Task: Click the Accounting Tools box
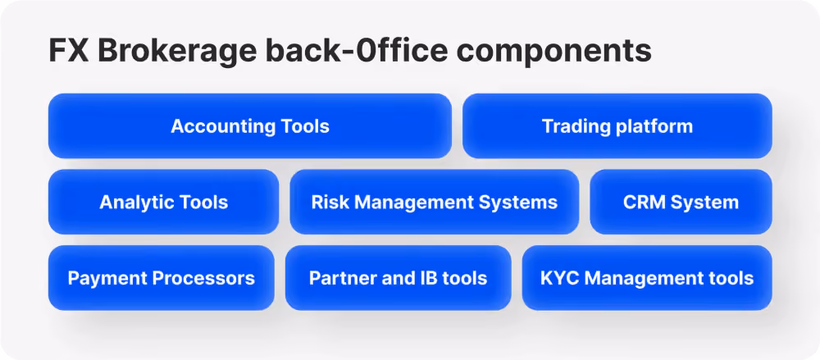tap(250, 125)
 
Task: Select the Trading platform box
tap(617, 125)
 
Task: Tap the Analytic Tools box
tap(163, 202)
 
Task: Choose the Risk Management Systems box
tap(434, 202)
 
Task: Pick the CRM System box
tap(681, 202)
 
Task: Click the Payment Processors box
tap(161, 278)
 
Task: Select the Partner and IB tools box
tap(398, 278)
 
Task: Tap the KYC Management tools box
tap(647, 278)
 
